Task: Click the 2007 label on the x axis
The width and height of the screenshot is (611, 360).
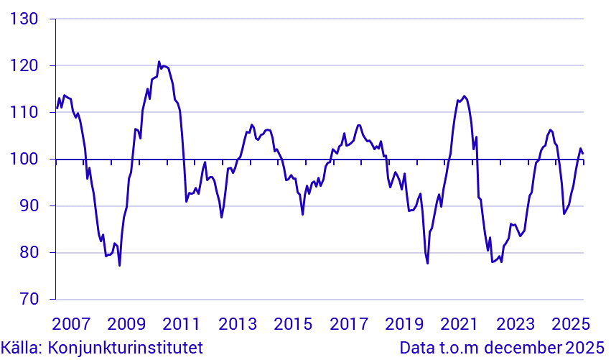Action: click(x=70, y=323)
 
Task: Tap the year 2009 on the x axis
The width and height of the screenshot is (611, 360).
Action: click(x=126, y=323)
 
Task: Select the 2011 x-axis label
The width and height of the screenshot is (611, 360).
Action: click(x=182, y=323)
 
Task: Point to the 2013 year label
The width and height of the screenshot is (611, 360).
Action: click(x=238, y=323)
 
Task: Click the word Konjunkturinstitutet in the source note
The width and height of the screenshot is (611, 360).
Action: click(x=126, y=349)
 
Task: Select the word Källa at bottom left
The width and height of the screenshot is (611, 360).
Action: click(x=22, y=349)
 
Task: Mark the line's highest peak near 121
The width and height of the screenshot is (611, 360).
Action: click(x=159, y=62)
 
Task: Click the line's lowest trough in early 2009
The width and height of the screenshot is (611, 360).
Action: click(x=120, y=266)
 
